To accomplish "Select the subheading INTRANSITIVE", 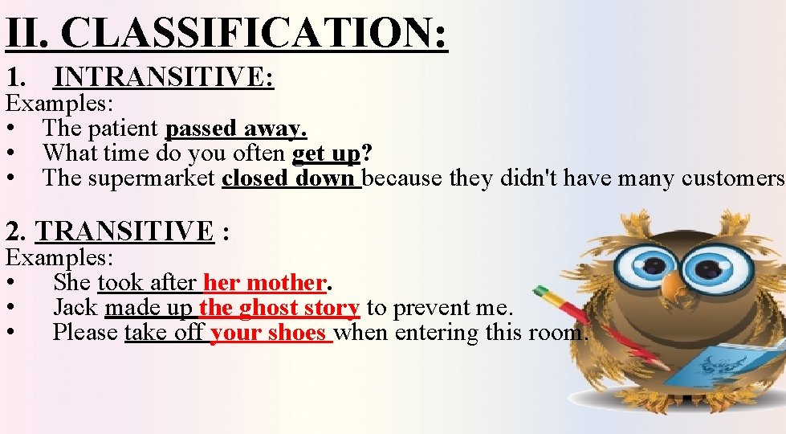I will click(164, 77).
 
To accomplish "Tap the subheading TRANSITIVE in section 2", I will click(124, 231).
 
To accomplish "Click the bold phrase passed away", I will click(236, 128).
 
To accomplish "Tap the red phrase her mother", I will click(264, 283).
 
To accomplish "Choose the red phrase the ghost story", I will click(279, 308).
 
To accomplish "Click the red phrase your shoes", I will click(268, 333).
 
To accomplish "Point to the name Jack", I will click(75, 308).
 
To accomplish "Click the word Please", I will click(85, 333).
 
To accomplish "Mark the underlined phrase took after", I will click(148, 283).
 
